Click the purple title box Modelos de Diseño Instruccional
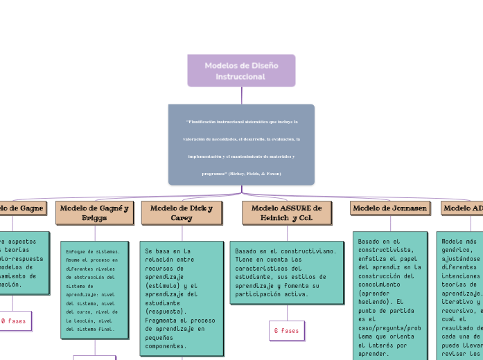pos(241,71)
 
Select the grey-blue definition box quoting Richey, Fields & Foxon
pos(241,145)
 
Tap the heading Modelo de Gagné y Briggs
pos(94,213)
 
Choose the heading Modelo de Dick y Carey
pos(182,213)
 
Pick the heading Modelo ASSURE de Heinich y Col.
pos(286,213)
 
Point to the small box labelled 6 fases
pos(286,331)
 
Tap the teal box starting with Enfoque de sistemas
pos(94,290)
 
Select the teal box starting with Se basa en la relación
pos(182,298)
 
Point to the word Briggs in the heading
pos(94,217)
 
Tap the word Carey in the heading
pos(182,217)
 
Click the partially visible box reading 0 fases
pos(14,321)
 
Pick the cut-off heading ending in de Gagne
pos(21,208)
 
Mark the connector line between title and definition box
pos(241,96)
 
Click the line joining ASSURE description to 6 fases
pos(286,312)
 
